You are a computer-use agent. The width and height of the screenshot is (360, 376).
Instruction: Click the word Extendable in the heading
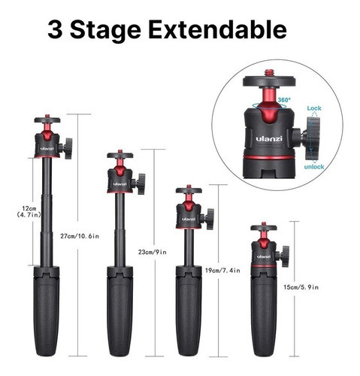[x=217, y=29]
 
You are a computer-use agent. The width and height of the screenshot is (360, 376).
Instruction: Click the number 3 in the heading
[x=55, y=29]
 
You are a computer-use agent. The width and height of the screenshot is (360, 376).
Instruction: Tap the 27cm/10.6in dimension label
[x=80, y=236]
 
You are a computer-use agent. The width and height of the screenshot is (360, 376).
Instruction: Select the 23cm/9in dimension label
[x=153, y=252]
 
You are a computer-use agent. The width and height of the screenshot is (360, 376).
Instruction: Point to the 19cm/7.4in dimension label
[x=222, y=271]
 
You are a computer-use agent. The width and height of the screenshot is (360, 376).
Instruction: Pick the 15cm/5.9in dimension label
[x=301, y=287]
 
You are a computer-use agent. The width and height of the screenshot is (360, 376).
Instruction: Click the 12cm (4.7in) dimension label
[x=29, y=211]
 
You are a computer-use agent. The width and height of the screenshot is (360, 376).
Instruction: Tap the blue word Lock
[x=314, y=108]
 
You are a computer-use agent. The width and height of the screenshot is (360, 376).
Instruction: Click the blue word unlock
[x=314, y=167]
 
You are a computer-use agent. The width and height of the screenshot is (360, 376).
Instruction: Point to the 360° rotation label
[x=284, y=100]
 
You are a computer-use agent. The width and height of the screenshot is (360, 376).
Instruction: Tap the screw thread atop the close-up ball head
[x=269, y=73]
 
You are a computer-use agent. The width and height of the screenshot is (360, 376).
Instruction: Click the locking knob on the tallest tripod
[x=67, y=148]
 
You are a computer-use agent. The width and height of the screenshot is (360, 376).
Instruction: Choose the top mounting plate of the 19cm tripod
[x=189, y=190]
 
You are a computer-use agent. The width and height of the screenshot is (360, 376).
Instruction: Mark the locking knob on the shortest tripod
[x=283, y=256]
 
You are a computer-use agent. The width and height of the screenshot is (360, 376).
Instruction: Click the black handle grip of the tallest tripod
[x=47, y=311]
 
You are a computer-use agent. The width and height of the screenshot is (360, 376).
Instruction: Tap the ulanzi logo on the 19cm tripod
[x=189, y=219]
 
